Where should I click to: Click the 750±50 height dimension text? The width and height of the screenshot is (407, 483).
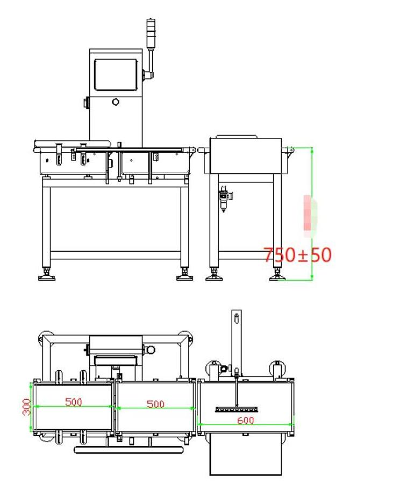(x=297, y=255)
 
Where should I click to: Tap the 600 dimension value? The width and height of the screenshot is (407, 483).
(x=246, y=420)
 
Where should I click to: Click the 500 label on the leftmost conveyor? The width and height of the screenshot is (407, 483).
(x=74, y=402)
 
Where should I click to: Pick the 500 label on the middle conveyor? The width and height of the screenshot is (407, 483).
(x=155, y=404)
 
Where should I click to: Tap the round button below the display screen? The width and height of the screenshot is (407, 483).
(x=116, y=102)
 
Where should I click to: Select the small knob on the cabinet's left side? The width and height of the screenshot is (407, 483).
(x=86, y=103)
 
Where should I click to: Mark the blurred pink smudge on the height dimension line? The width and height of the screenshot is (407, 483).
(x=310, y=216)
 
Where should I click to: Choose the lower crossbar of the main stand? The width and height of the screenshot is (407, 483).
(x=116, y=255)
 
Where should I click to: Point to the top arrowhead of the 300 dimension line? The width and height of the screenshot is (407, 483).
(x=31, y=383)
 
